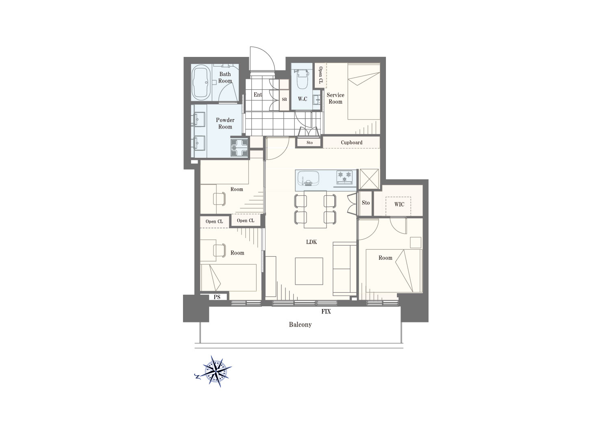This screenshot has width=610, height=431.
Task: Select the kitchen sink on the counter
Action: tap(308, 178)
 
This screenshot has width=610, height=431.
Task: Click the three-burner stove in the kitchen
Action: tap(344, 176)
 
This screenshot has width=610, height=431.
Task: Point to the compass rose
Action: tap(216, 371)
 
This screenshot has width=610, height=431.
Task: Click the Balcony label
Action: tap(300, 324)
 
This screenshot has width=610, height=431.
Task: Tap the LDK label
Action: tap(311, 242)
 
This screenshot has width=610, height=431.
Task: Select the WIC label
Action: tap(399, 204)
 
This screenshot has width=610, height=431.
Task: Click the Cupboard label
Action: tap(352, 142)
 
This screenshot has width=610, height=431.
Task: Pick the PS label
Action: tap(217, 297)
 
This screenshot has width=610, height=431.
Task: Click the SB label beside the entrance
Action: tap(284, 99)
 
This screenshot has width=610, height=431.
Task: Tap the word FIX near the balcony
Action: tap(326, 311)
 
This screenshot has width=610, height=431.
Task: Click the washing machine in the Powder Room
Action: tap(240, 148)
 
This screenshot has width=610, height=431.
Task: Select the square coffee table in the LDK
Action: tap(309, 271)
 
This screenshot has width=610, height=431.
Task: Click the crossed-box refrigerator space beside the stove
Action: tap(369, 179)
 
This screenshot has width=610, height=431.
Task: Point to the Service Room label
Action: tap(335, 98)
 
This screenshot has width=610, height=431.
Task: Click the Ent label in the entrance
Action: tap(258, 94)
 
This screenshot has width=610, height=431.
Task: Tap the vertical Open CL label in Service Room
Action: tap(320, 75)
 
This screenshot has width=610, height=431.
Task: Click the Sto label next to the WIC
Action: tap(366, 202)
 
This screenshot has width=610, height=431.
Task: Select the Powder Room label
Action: tap(225, 123)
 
